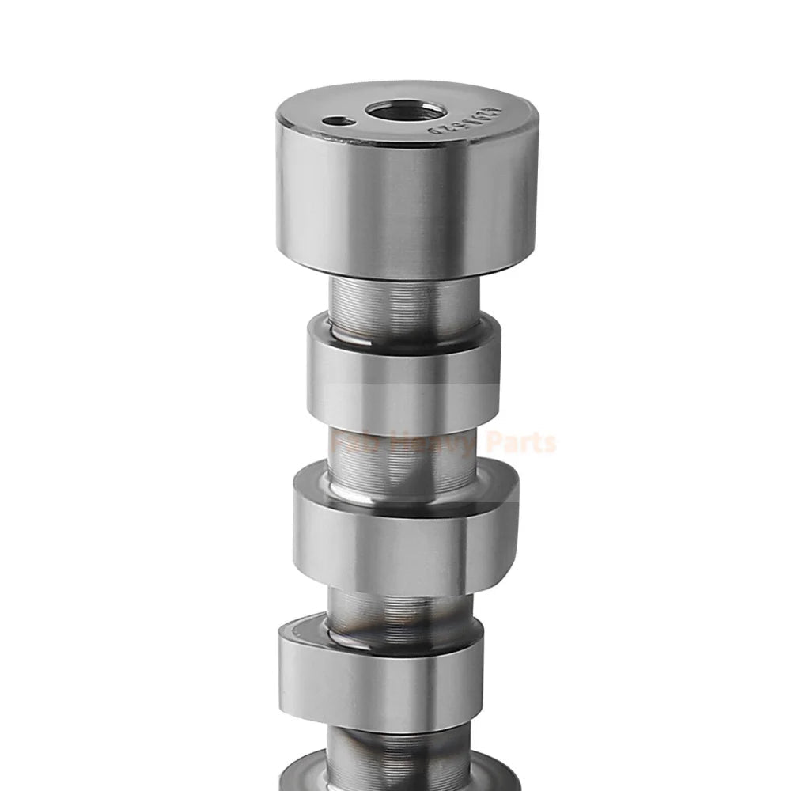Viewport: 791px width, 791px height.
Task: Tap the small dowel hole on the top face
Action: (337, 122)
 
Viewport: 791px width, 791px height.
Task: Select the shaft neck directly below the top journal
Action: (404, 305)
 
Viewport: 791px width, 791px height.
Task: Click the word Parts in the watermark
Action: (521, 443)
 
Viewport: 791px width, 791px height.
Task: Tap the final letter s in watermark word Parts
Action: (551, 445)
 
